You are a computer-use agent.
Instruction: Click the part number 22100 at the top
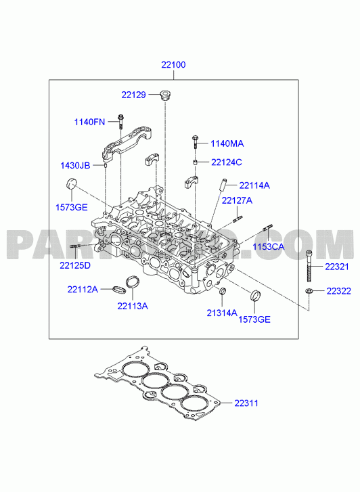pos(173,65)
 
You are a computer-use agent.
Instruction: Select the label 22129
pos(134,95)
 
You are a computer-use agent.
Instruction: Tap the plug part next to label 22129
pos(165,95)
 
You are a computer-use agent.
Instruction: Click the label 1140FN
pos(89,122)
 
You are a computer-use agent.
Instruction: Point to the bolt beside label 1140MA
pos(196,142)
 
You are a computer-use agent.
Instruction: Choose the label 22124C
pos(227,162)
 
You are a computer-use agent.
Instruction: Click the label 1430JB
pos(75,165)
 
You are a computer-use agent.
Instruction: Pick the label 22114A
pos(254,185)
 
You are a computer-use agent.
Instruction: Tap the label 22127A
pos(237,200)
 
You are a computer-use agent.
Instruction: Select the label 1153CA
pos(269,246)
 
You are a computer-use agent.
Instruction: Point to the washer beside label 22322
pos(309,291)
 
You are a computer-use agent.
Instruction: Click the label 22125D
pos(75,265)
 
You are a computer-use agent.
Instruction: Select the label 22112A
pos(83,289)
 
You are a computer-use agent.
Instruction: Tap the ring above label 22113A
pos(132,282)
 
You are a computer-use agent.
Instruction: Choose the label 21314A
pos(222,313)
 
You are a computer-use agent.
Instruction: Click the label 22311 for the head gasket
pos(246,403)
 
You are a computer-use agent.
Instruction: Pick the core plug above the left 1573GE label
pos(71,183)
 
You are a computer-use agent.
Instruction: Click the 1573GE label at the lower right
pos(254,319)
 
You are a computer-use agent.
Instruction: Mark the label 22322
pos(338,291)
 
